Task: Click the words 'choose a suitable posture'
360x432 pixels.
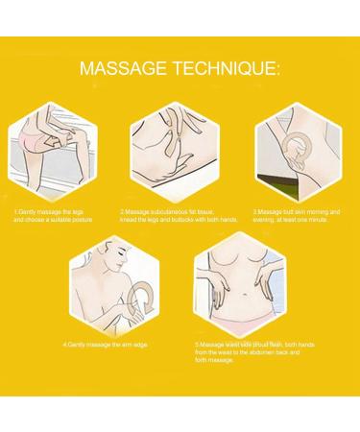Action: [52, 220]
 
